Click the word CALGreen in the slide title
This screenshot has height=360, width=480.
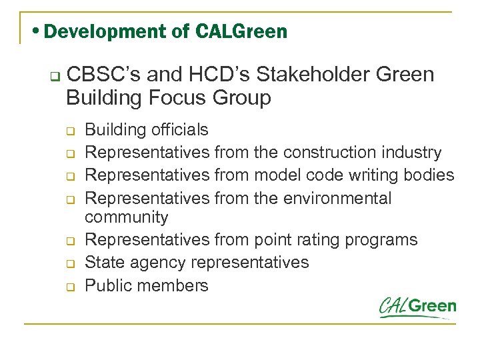coord(243,31)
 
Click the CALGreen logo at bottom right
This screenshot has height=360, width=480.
coord(417,307)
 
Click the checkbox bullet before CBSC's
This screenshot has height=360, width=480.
coord(45,75)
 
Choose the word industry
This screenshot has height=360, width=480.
coord(415,153)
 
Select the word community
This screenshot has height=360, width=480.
coord(127,217)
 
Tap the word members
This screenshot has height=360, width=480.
coord(175,285)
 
